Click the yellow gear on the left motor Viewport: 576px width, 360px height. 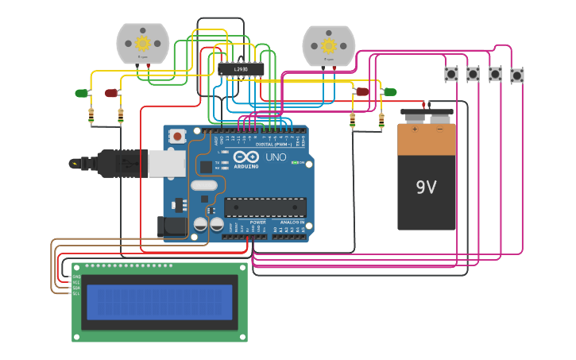(143, 43)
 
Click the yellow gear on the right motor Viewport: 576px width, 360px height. (328, 45)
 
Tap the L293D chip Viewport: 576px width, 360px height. (241, 69)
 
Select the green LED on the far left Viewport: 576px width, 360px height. (81, 93)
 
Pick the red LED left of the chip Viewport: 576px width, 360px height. (110, 93)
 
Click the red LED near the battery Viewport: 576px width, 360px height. (362, 91)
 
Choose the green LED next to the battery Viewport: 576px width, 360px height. (389, 92)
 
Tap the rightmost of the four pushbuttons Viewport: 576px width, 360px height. (517, 75)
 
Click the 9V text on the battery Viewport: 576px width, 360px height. (427, 188)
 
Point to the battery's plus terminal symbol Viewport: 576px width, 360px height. (414, 129)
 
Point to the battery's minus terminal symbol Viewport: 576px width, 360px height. (439, 129)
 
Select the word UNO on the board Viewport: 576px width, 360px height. (275, 157)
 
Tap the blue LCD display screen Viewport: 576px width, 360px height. (160, 302)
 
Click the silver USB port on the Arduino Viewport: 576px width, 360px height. (166, 163)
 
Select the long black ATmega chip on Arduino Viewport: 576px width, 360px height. (265, 207)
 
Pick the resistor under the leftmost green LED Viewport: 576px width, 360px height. (91, 116)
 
